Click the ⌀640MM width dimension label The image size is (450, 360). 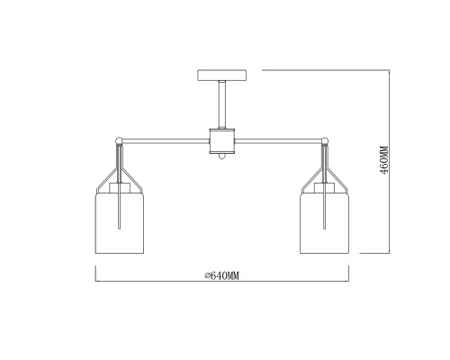point(220,274)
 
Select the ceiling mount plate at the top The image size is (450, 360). point(220,75)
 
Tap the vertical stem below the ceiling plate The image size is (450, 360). point(220,103)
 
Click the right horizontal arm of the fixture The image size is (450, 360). point(279,139)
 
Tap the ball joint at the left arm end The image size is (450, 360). point(118,139)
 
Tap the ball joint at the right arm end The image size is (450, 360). point(324,139)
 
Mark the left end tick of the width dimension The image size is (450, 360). point(94,280)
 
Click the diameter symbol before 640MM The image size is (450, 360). point(207,274)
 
